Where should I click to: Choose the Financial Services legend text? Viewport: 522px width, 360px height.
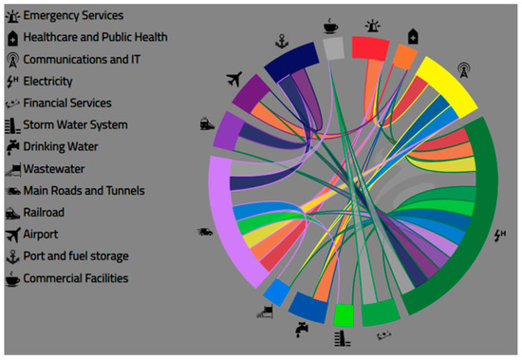[67, 103]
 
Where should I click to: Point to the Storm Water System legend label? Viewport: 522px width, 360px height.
[75, 124]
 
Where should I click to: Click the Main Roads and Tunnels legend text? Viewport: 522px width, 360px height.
[84, 190]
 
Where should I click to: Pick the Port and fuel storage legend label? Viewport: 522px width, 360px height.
[76, 256]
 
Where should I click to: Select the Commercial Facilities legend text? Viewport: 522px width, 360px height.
[75, 278]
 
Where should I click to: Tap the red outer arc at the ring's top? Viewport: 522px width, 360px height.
[370, 48]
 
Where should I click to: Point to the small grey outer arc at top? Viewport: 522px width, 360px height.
[333, 47]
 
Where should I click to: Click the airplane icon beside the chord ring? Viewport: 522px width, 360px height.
[236, 79]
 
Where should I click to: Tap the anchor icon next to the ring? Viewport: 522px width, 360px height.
[280, 41]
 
